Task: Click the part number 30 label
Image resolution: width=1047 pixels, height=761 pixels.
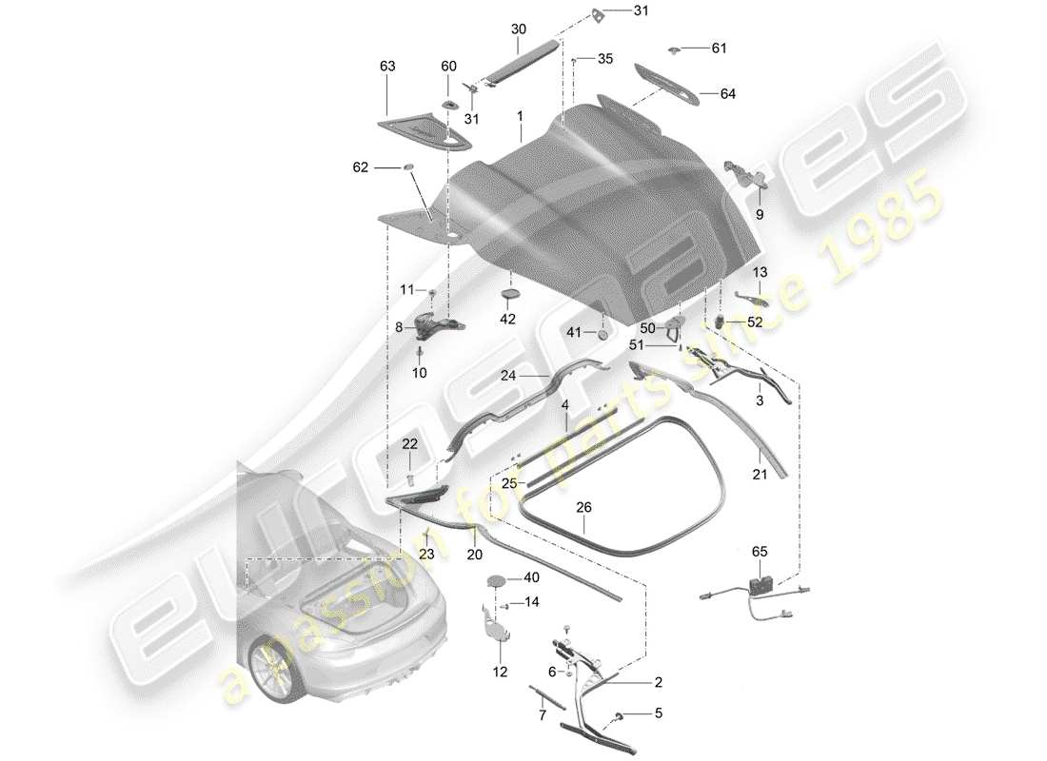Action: coord(518,29)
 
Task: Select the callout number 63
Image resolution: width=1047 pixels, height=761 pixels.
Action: coord(386,66)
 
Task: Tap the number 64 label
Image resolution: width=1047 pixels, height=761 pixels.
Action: coord(727,94)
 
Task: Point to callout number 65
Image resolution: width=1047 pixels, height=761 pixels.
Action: coord(759,551)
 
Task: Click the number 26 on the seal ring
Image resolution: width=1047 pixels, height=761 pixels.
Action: coord(583,508)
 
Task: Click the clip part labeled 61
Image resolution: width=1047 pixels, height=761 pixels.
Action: coord(674,48)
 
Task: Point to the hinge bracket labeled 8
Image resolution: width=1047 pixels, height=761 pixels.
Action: coord(439,326)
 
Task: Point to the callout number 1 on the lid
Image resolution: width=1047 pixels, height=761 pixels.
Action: coord(521,114)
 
